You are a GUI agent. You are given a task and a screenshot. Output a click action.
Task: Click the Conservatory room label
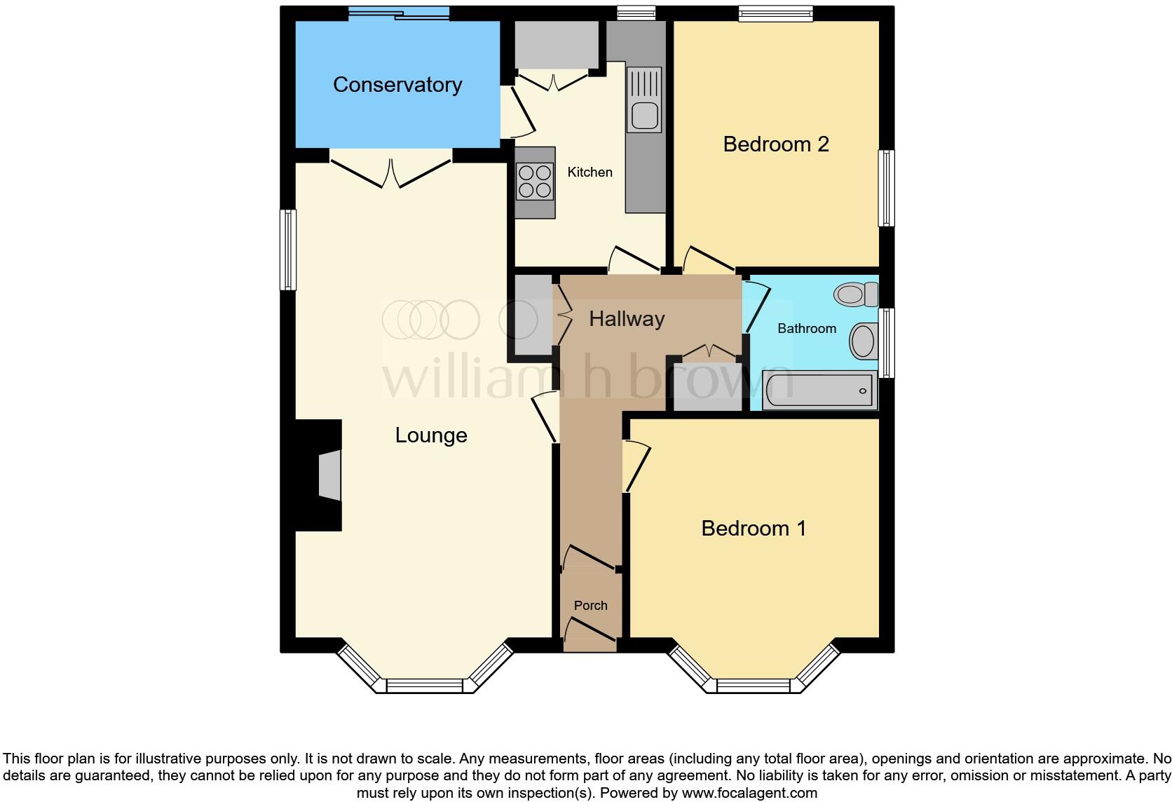point(397,85)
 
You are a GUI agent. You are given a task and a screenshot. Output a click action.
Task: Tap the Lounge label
point(431,435)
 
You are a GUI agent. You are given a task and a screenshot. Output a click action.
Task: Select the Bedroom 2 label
point(776,144)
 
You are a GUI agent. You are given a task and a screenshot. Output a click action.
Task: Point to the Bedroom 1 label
point(754,528)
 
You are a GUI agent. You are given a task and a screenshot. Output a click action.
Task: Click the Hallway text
point(627,319)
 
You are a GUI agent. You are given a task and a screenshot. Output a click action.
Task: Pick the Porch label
point(590,606)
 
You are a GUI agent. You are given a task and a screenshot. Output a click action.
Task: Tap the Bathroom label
point(807,329)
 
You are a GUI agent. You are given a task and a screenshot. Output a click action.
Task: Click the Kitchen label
point(590,172)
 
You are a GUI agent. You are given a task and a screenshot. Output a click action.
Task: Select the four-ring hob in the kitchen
point(534,181)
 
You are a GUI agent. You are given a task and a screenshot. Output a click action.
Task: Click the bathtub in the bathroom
point(819,390)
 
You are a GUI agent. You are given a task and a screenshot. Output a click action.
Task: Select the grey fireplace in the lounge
point(329,475)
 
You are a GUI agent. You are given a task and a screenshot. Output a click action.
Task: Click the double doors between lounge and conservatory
point(390,172)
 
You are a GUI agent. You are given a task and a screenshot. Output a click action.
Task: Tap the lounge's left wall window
point(288,250)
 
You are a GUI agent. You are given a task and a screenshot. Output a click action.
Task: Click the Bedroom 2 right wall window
point(887,188)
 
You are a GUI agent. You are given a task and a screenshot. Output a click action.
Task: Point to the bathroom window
point(887,343)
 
